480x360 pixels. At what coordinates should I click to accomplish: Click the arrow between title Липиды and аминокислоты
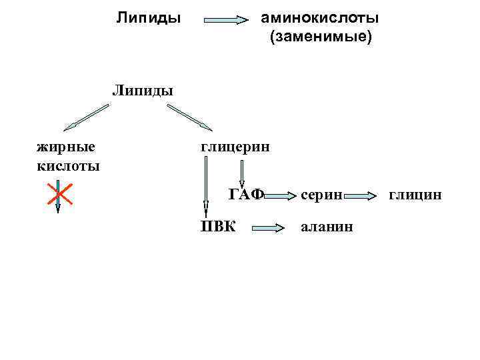(225, 20)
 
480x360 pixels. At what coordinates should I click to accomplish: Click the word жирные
(65, 146)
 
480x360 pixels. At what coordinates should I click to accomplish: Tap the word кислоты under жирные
(67, 165)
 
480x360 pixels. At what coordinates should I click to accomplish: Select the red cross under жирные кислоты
(57, 197)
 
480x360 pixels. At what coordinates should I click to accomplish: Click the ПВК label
(219, 226)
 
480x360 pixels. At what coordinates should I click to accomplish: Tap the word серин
(321, 195)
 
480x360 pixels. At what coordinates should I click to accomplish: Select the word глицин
(414, 195)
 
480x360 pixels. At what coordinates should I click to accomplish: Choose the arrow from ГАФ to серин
(280, 196)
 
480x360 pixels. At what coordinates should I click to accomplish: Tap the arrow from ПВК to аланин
(268, 228)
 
